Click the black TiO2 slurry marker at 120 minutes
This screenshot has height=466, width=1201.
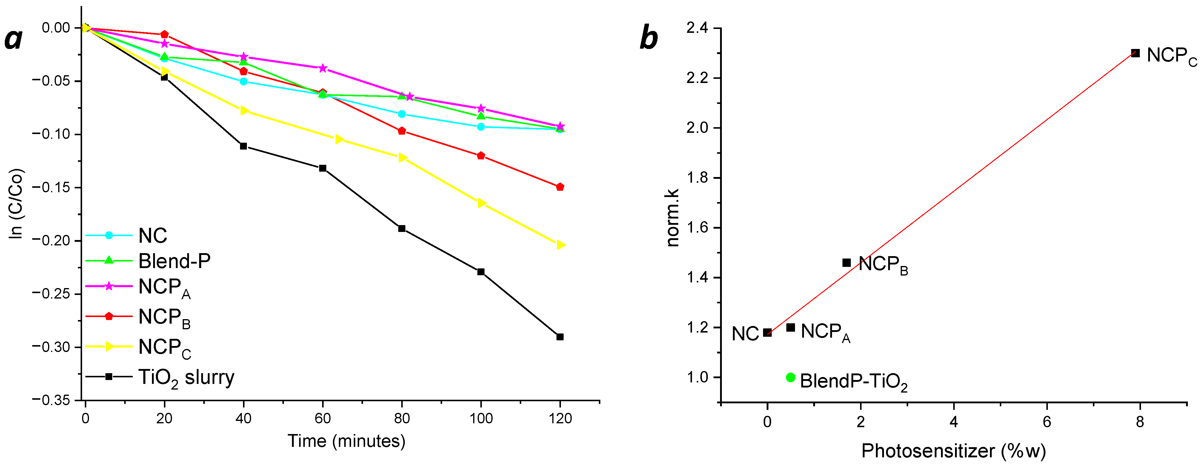tap(560, 337)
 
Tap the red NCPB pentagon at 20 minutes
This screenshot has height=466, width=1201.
tap(164, 35)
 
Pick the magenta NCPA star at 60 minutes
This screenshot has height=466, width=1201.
tap(323, 68)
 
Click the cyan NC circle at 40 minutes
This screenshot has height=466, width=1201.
tap(243, 81)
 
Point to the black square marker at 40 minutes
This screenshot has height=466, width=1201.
tap(243, 146)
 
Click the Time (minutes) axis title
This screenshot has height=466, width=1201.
tap(346, 441)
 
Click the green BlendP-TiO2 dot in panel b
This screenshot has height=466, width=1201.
tap(790, 377)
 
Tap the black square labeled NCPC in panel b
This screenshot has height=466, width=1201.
tap(1135, 53)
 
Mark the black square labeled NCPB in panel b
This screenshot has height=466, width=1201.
tap(847, 263)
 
